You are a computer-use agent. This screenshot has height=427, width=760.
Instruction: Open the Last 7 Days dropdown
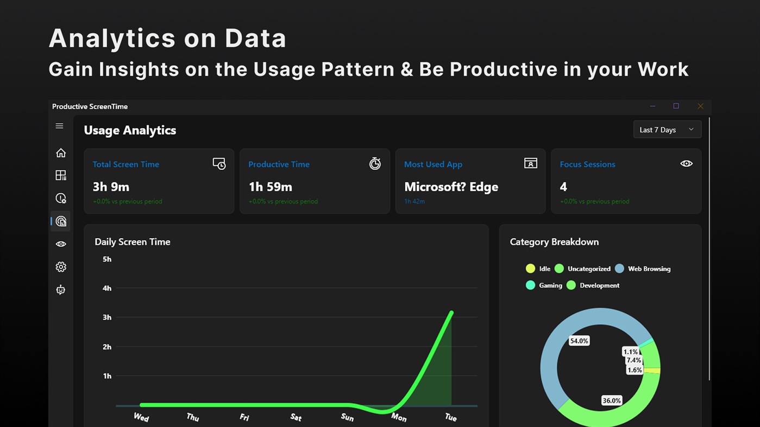pyautogui.click(x=667, y=130)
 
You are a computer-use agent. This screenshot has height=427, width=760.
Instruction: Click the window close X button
pyautogui.click(x=700, y=106)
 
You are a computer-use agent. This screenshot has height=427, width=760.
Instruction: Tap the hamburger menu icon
pyautogui.click(x=60, y=126)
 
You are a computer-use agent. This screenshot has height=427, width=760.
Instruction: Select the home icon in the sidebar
pyautogui.click(x=61, y=153)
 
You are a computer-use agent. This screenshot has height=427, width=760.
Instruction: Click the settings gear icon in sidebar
pyautogui.click(x=61, y=267)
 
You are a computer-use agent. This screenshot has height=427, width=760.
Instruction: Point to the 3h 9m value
pyautogui.click(x=111, y=187)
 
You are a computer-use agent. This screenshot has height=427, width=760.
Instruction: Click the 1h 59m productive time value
pyautogui.click(x=270, y=187)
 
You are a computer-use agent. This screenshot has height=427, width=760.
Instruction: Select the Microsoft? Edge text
pyautogui.click(x=451, y=187)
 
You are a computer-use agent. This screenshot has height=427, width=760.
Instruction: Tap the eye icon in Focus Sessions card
pyautogui.click(x=686, y=163)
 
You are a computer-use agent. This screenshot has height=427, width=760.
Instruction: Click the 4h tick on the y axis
pyautogui.click(x=107, y=288)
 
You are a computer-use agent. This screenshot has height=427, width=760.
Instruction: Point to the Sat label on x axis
pyautogui.click(x=296, y=417)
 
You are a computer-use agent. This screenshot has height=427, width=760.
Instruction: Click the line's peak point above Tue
pyautogui.click(x=451, y=313)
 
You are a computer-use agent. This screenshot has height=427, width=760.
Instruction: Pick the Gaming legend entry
pyautogui.click(x=544, y=285)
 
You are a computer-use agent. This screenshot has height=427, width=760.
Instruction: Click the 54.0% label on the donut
pyautogui.click(x=579, y=341)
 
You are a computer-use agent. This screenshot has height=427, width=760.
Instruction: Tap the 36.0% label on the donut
pyautogui.click(x=611, y=400)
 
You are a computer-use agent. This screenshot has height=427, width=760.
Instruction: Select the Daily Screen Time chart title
pyautogui.click(x=133, y=242)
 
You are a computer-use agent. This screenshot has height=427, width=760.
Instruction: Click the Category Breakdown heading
pyautogui.click(x=554, y=242)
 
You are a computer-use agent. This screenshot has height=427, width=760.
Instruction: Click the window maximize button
pyautogui.click(x=676, y=106)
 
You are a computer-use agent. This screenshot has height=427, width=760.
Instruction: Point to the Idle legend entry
pyautogui.click(x=538, y=269)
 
